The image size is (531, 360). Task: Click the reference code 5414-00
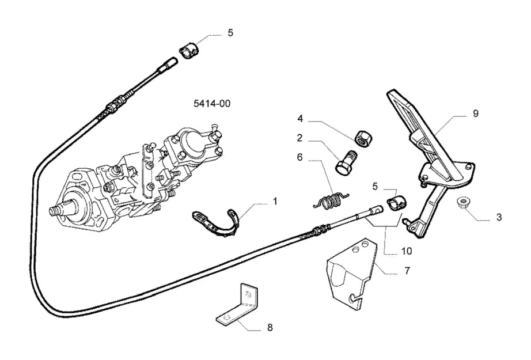(212, 103)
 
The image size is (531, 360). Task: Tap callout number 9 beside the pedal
(476, 114)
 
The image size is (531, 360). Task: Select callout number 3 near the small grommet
(499, 217)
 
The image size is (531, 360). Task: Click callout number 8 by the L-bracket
(270, 328)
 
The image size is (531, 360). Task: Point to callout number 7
(407, 271)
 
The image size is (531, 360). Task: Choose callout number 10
(407, 251)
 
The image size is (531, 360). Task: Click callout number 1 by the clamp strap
(275, 202)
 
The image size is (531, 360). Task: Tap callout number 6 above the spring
(299, 157)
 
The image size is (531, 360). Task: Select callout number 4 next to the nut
(300, 119)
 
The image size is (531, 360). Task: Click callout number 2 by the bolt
(299, 138)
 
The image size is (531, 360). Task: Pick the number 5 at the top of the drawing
(230, 33)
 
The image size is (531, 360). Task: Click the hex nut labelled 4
(362, 138)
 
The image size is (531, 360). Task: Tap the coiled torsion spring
(330, 201)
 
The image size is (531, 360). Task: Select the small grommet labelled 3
(462, 202)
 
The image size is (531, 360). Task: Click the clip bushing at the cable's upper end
(189, 51)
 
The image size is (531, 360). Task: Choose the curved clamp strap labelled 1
(217, 223)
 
